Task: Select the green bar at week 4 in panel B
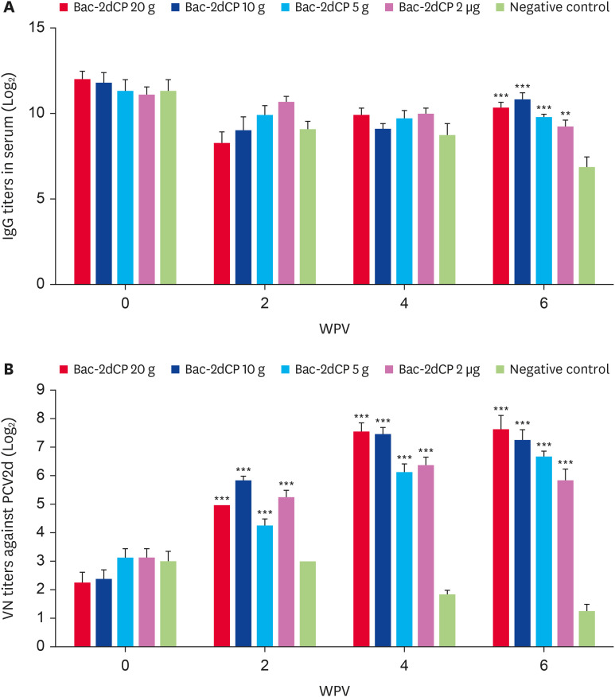click(x=447, y=621)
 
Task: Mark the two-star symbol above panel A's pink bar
click(x=565, y=114)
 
